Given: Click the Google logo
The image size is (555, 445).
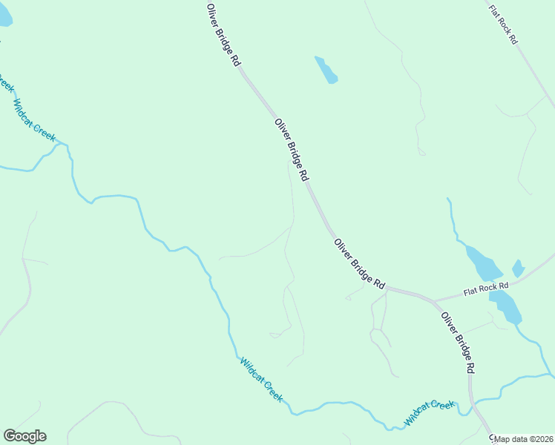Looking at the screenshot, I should [24, 436].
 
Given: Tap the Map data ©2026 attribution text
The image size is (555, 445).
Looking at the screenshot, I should [524, 439].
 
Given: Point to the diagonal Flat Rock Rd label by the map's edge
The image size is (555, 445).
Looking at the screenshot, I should [502, 25].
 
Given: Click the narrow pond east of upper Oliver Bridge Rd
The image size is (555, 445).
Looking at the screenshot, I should [326, 70].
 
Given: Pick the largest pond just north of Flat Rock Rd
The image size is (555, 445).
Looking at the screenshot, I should [483, 263].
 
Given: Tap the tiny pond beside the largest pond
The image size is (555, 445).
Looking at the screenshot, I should [518, 268].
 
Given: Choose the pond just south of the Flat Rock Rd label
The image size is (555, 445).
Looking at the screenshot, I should [505, 305].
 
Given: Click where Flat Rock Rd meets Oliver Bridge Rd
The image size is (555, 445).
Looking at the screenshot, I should [434, 300].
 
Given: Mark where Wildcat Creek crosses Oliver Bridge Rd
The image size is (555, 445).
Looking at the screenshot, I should [473, 404].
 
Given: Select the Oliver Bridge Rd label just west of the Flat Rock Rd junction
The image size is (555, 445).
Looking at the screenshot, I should [360, 263].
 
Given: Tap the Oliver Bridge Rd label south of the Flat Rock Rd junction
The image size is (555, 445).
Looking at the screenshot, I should [458, 342].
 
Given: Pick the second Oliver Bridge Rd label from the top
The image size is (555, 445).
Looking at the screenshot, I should [291, 151].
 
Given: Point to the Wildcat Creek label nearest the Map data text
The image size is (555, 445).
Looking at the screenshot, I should [429, 413].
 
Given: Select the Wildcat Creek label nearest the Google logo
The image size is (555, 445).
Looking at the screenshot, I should [260, 380].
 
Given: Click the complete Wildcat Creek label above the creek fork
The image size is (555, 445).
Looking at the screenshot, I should [34, 121].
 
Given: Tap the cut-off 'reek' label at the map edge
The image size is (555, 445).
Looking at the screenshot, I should [6, 83].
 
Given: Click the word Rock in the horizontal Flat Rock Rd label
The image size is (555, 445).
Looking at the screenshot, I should [487, 288].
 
